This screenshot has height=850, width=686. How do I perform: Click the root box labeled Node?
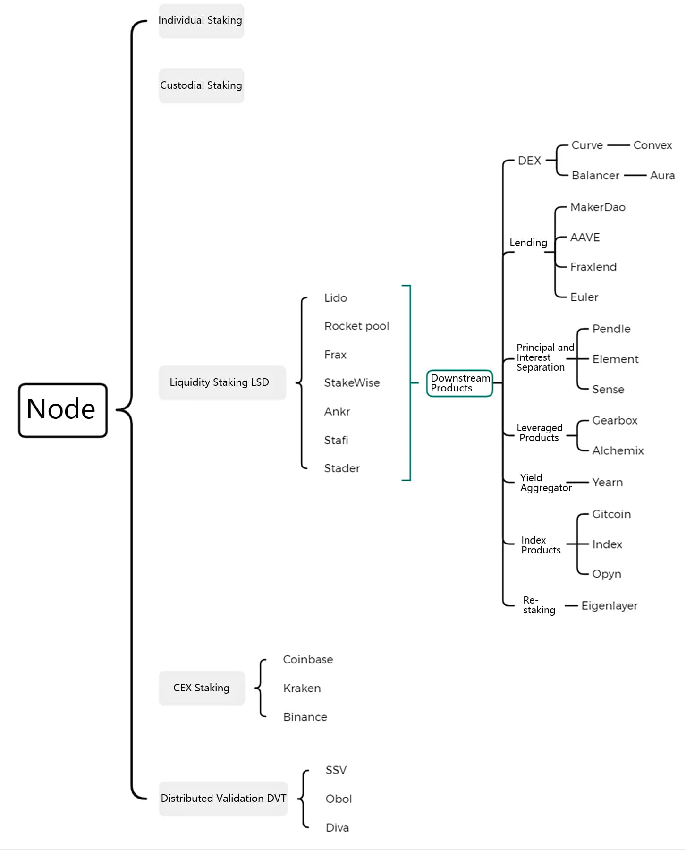[x=63, y=409]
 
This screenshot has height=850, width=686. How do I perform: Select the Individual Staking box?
[x=201, y=20]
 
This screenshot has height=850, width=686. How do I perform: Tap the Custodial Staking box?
[x=201, y=85]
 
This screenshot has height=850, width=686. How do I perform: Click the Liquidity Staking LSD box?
[x=221, y=382]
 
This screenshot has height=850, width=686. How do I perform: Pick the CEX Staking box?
[x=202, y=688]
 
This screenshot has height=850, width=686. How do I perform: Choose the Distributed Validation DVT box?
[x=223, y=799]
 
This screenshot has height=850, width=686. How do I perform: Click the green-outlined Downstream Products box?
[x=459, y=383]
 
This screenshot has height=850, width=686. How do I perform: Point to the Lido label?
[x=336, y=298]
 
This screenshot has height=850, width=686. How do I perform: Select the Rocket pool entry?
[x=356, y=326]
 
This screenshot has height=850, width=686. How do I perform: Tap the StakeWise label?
[x=352, y=383]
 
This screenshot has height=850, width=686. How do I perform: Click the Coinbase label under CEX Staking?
[x=308, y=660]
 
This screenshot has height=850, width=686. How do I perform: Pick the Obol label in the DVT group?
[x=339, y=799]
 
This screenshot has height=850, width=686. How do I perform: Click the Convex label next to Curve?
[x=652, y=145]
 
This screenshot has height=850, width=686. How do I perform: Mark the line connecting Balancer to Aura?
[x=635, y=176]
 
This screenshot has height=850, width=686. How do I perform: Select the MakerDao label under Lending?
[x=598, y=207]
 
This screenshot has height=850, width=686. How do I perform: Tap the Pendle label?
[x=611, y=329]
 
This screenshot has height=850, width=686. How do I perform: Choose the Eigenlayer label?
[x=609, y=606]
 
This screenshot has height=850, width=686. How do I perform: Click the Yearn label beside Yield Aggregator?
[x=608, y=483]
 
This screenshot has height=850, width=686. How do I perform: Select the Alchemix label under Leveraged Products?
[x=618, y=451]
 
